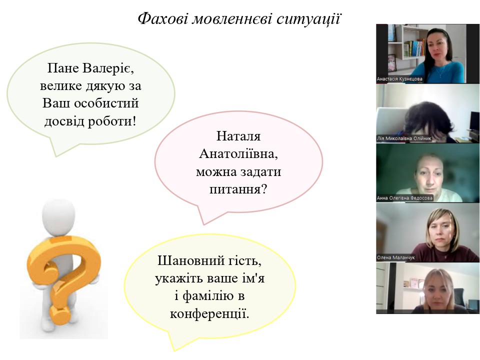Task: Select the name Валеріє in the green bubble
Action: click(x=108, y=68)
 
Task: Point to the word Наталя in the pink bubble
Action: click(x=238, y=136)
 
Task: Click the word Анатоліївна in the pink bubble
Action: click(x=238, y=153)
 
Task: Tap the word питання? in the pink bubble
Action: click(x=238, y=189)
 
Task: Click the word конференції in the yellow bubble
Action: click(x=208, y=314)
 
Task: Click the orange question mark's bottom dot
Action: click(x=60, y=315)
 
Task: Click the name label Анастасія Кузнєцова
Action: click(x=399, y=79)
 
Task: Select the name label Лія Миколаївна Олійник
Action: click(x=404, y=138)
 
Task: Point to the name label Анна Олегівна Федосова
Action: click(x=404, y=198)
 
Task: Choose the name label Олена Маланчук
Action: click(x=396, y=258)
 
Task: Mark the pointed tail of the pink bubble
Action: click(x=203, y=224)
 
